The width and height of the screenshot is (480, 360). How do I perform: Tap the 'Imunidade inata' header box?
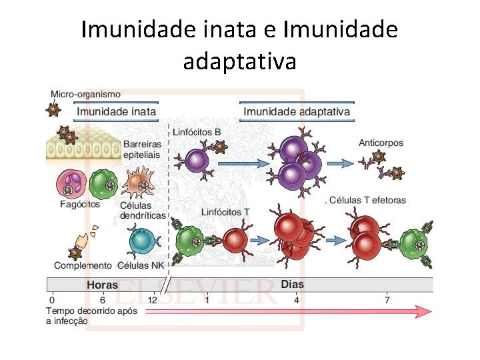tap(117, 111)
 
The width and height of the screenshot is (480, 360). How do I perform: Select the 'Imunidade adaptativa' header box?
tap(297, 111)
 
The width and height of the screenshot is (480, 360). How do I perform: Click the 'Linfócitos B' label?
tap(197, 132)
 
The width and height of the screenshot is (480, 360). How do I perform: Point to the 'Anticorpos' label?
tap(381, 143)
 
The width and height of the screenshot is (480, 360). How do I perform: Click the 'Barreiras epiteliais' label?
tap(143, 149)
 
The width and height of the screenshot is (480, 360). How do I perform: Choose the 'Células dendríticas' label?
tap(142, 210)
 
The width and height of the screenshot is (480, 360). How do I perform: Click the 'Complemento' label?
tap(83, 265)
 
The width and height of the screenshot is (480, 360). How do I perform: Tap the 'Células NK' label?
tap(141, 265)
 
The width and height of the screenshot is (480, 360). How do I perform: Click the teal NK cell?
tap(141, 239)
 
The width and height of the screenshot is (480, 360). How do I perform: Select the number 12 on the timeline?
tap(153, 300)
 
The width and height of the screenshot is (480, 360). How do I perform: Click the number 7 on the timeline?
tap(387, 300)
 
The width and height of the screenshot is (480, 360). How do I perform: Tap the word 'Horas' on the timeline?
tap(103, 285)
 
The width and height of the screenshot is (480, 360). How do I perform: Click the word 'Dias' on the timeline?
tap(292, 284)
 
